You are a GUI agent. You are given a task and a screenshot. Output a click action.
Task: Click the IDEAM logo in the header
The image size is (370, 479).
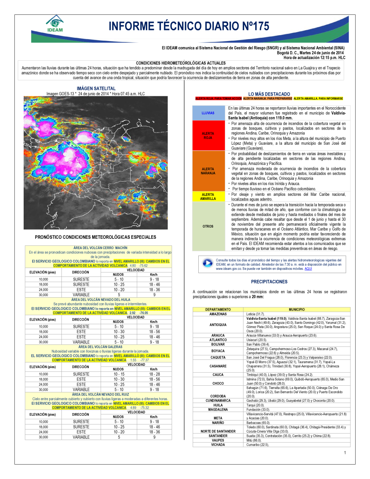click(x=55, y=24)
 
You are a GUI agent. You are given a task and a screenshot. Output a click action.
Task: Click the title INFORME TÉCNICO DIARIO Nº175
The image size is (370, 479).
click(x=189, y=26)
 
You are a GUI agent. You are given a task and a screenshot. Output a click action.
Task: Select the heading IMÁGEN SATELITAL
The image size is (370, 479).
click(x=96, y=88)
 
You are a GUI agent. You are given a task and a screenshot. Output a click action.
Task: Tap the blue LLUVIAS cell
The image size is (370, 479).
click(x=208, y=113)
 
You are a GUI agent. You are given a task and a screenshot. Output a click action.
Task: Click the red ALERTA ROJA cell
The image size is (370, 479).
click(x=208, y=135)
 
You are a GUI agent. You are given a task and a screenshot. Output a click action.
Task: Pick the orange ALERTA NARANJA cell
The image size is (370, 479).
click(x=208, y=171)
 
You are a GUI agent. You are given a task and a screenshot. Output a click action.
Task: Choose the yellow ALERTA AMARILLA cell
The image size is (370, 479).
click(x=208, y=197)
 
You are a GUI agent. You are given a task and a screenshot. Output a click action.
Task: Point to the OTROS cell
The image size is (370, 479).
click(x=208, y=226)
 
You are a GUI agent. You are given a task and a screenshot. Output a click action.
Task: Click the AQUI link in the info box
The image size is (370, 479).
click(x=308, y=269)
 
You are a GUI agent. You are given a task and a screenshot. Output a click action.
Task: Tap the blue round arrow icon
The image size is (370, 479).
click(x=207, y=263)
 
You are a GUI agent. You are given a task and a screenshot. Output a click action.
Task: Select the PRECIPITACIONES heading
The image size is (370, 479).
click(x=269, y=282)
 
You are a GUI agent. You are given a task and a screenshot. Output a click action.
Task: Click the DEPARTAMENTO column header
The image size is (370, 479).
click(x=218, y=309)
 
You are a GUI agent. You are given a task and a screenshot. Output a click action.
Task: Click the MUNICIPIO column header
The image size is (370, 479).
click(x=297, y=309)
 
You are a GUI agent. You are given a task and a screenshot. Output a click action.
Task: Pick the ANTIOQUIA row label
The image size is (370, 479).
click(x=218, y=325)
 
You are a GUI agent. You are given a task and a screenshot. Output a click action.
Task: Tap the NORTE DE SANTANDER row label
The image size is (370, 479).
click(x=218, y=431)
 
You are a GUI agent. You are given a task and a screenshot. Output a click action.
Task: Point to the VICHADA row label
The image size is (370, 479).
click(x=218, y=445)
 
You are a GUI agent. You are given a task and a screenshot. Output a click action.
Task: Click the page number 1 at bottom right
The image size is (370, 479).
click(x=345, y=452)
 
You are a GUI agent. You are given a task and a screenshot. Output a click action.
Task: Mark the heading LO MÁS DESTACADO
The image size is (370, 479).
click(x=269, y=94)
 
